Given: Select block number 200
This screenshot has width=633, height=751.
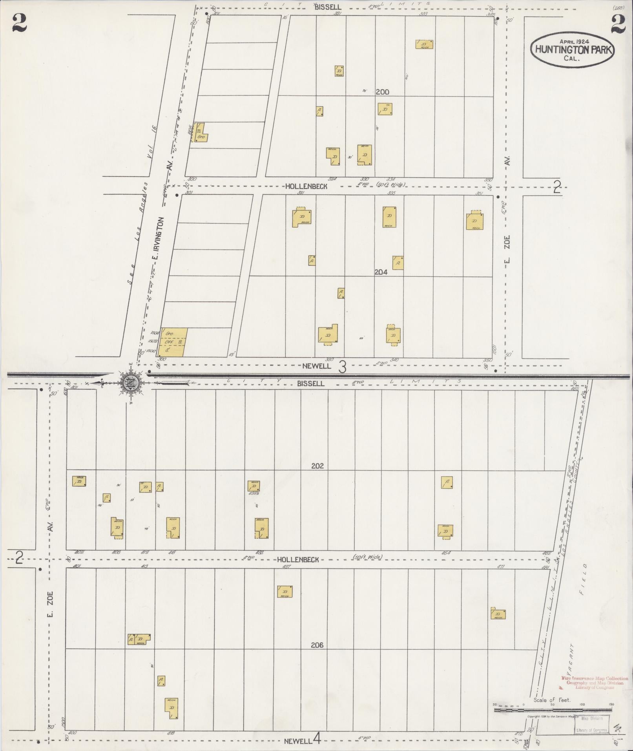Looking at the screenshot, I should click(x=382, y=92).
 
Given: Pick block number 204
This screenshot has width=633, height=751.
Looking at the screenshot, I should click(x=381, y=272).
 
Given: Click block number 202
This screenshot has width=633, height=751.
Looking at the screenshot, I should click(x=317, y=466).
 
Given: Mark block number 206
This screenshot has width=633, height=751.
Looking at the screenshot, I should click(x=317, y=645).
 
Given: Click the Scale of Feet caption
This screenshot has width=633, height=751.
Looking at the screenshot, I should click(x=552, y=700).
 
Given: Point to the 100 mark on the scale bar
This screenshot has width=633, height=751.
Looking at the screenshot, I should click(x=582, y=705).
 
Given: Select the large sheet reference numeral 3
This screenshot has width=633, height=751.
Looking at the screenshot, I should click(x=342, y=367).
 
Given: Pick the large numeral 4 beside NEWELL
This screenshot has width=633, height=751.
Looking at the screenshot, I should click(x=317, y=740).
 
